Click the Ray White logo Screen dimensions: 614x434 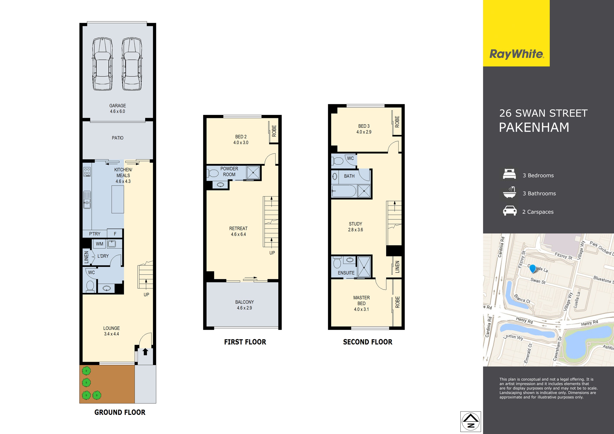tap(516, 54)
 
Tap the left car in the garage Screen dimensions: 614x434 tap(102, 64)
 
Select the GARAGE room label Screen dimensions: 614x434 tap(117, 106)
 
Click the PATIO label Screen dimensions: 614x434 tap(118, 138)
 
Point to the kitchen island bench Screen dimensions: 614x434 tap(118, 199)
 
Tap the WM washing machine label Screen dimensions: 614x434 tap(99, 244)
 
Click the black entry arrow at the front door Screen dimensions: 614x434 tap(145, 352)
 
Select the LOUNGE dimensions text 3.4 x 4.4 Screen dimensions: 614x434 tap(112, 334)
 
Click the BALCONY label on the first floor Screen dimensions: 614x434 tap(244, 302)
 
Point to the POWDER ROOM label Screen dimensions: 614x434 tap(229, 172)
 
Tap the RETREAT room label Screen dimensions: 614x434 tap(238, 228)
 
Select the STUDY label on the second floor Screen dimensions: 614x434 tap(355, 224)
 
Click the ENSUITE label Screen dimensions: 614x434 tap(346, 273)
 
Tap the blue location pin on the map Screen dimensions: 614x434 tap(533, 268)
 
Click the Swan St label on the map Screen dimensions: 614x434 tap(538, 281)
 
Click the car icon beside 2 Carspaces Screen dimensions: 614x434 tap(509, 211)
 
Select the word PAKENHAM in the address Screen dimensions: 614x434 tap(534, 128)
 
